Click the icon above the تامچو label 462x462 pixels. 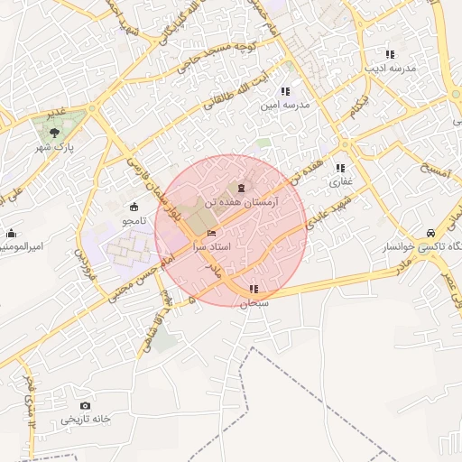(x=134, y=206)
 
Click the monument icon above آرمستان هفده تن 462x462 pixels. (x=241, y=188)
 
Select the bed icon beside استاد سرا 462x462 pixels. (x=212, y=234)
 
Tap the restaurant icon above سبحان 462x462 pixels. (x=254, y=289)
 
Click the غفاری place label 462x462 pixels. (x=339, y=182)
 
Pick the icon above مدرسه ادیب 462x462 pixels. (x=390, y=54)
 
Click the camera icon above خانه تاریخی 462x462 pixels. (x=85, y=406)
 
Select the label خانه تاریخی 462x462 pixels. (x=85, y=420)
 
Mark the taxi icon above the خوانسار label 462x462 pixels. (x=431, y=231)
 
